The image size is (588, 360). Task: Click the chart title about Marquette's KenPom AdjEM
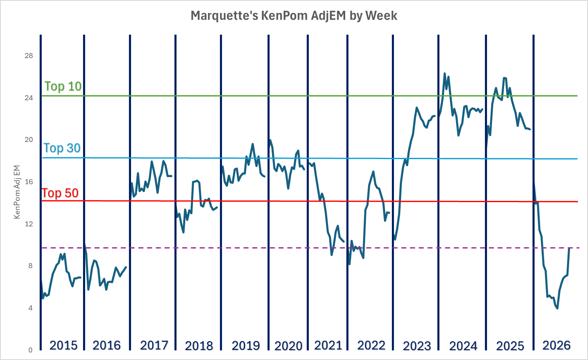point(294,16)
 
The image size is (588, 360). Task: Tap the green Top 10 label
point(63,86)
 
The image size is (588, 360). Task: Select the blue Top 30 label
point(62,148)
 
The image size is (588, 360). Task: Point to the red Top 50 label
point(60,193)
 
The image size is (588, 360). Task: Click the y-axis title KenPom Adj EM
point(17,192)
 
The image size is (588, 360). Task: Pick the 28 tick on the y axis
point(29,56)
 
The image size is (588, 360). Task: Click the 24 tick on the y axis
point(29,98)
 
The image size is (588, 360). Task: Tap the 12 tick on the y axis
point(29,224)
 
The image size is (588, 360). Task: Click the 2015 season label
point(63,345)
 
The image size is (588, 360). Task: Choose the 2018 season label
point(199,346)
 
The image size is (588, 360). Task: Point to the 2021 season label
point(328,345)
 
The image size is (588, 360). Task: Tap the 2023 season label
point(416,346)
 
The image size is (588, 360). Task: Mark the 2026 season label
point(556,345)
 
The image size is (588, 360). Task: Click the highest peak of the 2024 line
point(444,74)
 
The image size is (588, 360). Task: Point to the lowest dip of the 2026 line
point(558,308)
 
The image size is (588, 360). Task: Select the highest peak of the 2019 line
point(252,144)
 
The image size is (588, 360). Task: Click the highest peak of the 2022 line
point(373,172)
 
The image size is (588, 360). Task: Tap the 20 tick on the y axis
point(29,139)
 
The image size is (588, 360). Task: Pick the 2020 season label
point(288,346)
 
